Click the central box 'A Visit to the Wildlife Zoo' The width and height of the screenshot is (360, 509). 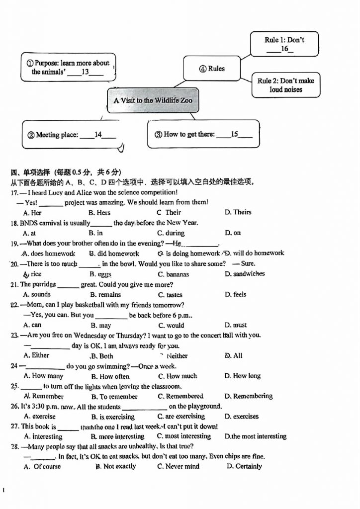click(x=153, y=100)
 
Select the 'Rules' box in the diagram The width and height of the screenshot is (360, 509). click(x=212, y=69)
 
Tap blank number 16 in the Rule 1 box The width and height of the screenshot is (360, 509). click(x=284, y=49)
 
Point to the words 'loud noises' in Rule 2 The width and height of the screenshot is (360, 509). click(x=286, y=90)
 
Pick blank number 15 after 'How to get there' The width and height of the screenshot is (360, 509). click(x=234, y=134)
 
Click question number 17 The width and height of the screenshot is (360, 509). click(x=14, y=192)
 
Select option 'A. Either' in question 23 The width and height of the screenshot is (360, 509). click(x=36, y=355)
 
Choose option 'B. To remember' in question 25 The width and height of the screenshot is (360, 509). click(x=114, y=397)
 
